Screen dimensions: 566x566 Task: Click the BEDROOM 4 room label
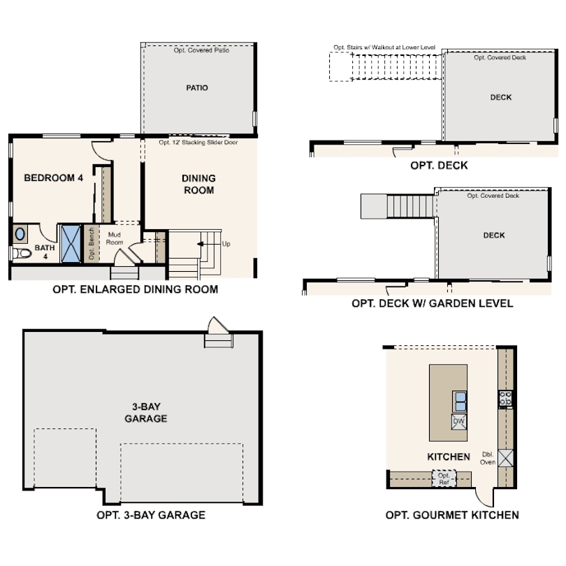pyautogui.click(x=53, y=178)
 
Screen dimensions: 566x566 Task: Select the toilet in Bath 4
pyautogui.click(x=23, y=254)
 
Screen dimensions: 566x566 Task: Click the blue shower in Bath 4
pyautogui.click(x=70, y=242)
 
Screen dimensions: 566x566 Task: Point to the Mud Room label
pyautogui.click(x=115, y=238)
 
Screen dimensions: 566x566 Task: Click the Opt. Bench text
pyautogui.click(x=91, y=244)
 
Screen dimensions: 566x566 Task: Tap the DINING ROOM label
pyautogui.click(x=198, y=184)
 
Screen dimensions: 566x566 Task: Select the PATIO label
pyautogui.click(x=197, y=88)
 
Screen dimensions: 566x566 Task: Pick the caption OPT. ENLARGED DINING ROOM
pyautogui.click(x=135, y=289)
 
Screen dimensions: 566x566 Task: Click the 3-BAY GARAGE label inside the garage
pyautogui.click(x=145, y=412)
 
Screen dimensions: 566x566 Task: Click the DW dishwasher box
pyautogui.click(x=458, y=421)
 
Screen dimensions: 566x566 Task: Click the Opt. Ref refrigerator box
pyautogui.click(x=444, y=479)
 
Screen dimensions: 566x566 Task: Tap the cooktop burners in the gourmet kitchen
pyautogui.click(x=505, y=399)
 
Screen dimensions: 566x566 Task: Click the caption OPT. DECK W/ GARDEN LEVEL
pyautogui.click(x=432, y=303)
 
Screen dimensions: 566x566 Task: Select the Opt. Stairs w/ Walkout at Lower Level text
pyautogui.click(x=384, y=48)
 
